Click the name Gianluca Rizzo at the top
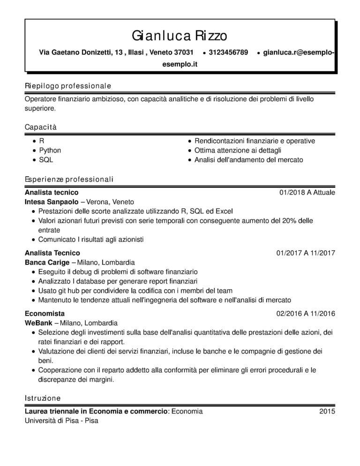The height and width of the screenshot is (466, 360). coord(180,35)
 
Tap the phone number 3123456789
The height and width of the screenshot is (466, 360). coord(228,52)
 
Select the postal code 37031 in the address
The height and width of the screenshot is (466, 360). coord(184,52)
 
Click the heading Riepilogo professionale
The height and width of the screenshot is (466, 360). coord(67,86)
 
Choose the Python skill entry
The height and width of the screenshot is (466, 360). coord(50,150)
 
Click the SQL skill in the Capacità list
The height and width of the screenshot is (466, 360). coord(46,160)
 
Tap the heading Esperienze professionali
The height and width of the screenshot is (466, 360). coord(69,180)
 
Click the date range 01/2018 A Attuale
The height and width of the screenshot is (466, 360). coord(307,192)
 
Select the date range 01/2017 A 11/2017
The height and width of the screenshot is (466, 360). coord(306,253)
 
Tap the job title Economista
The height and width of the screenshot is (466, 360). coord(45,313)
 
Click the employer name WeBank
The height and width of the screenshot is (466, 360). coord(38,323)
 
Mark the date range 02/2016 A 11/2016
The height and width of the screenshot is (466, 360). coord(306,313)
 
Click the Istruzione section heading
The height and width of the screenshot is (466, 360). coord(43,398)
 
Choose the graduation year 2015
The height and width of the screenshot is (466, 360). coord(327,411)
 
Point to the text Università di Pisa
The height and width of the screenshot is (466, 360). coord(50,421)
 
